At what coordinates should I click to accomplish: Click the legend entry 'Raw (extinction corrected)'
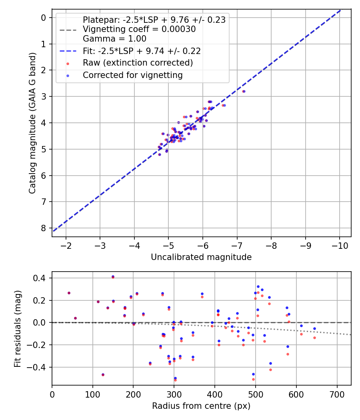(x=138, y=63)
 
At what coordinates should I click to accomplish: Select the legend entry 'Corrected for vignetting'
(x=132, y=75)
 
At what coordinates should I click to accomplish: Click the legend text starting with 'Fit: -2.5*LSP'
(x=142, y=51)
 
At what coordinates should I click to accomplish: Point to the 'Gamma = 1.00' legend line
(x=114, y=39)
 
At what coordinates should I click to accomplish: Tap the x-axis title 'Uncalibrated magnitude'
(x=201, y=257)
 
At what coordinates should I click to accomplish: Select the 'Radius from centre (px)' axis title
(x=201, y=406)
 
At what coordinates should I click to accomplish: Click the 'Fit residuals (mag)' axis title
(x=17, y=328)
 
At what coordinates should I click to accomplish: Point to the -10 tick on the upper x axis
(x=340, y=245)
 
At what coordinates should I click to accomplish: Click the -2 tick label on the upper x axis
(x=66, y=245)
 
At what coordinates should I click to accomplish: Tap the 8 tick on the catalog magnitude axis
(x=44, y=228)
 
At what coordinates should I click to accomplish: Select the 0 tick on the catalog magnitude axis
(x=44, y=18)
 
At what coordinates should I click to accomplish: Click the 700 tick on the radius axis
(x=337, y=394)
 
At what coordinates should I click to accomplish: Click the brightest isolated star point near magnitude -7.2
(x=243, y=91)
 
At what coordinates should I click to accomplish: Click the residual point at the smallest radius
(x=69, y=293)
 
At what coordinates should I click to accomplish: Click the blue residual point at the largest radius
(x=314, y=328)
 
